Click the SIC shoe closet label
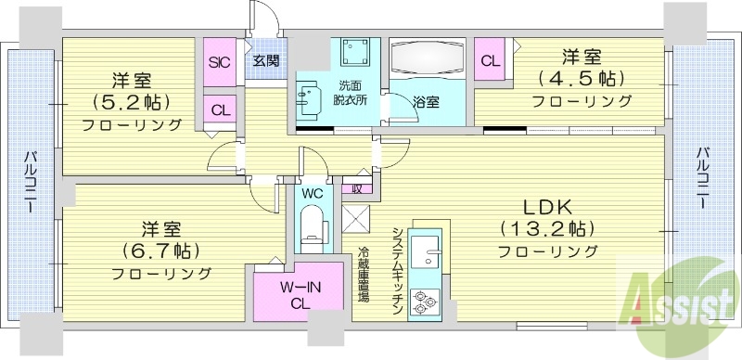[220, 62]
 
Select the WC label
[312, 194]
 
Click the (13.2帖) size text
[547, 228]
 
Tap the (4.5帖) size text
[577, 78]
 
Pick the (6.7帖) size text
[160, 251]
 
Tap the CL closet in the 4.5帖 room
[490, 61]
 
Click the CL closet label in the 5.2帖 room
[220, 109]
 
